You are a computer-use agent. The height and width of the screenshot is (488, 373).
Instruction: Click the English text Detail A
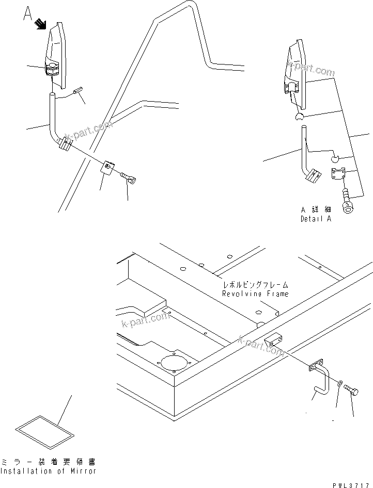click(316, 219)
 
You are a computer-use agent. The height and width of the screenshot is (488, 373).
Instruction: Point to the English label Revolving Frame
click(255, 294)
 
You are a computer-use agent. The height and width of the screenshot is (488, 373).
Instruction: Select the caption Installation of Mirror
click(48, 471)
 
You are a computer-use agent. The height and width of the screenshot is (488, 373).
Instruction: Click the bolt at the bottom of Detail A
click(348, 202)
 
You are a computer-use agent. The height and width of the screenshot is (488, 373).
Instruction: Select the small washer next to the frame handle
click(338, 383)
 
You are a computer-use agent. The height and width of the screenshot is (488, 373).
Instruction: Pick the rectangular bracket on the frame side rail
click(274, 341)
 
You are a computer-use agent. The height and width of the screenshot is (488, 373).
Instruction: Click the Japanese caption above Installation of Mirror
click(48, 462)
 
